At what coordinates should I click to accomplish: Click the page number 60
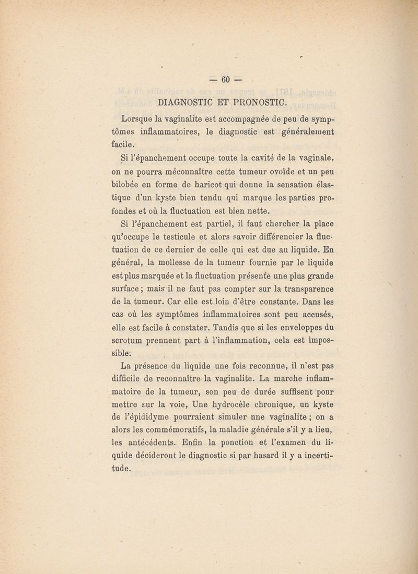tap(226, 80)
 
